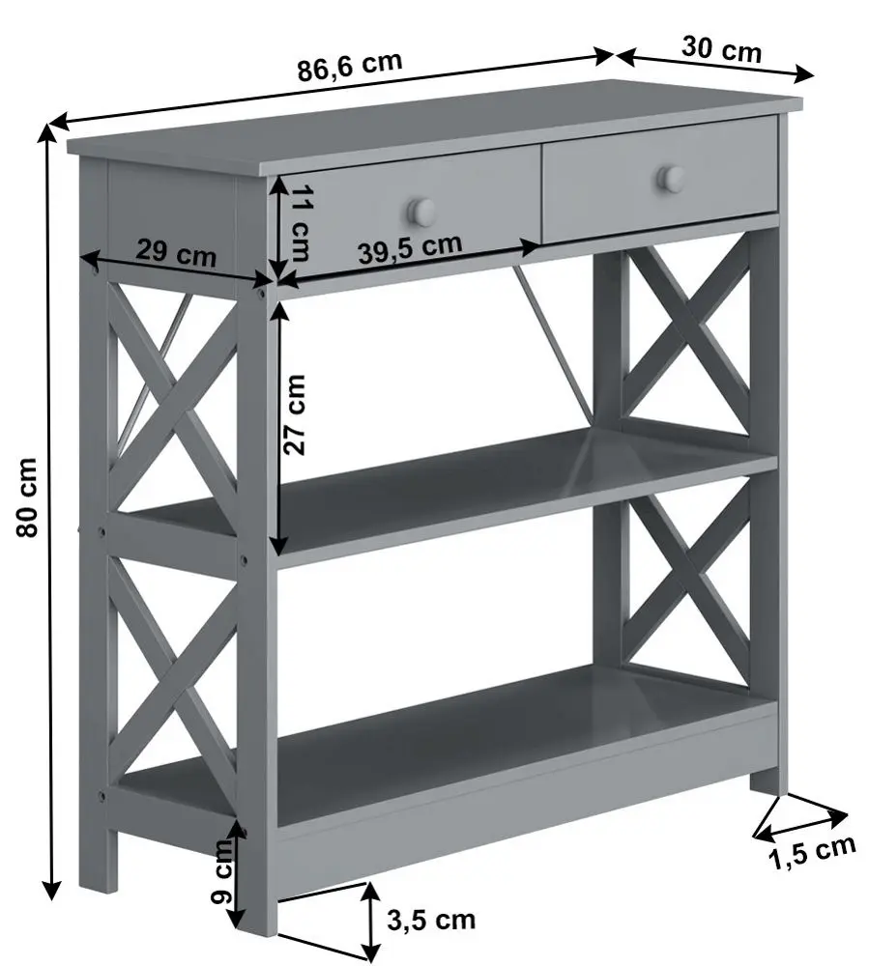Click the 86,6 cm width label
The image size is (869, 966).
click(350, 66)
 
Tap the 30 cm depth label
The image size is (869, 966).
click(722, 48)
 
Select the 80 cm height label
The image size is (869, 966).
click(27, 497)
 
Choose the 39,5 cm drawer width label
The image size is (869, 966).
click(410, 248)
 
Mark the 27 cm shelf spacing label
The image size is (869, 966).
click(295, 414)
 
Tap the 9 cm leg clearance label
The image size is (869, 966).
click(222, 871)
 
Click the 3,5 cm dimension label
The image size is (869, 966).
click(431, 921)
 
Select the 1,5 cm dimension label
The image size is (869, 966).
click(812, 854)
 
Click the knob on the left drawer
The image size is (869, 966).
click(420, 211)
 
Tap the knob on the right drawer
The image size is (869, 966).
click(670, 178)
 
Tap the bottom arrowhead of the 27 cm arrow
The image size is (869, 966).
click(279, 544)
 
